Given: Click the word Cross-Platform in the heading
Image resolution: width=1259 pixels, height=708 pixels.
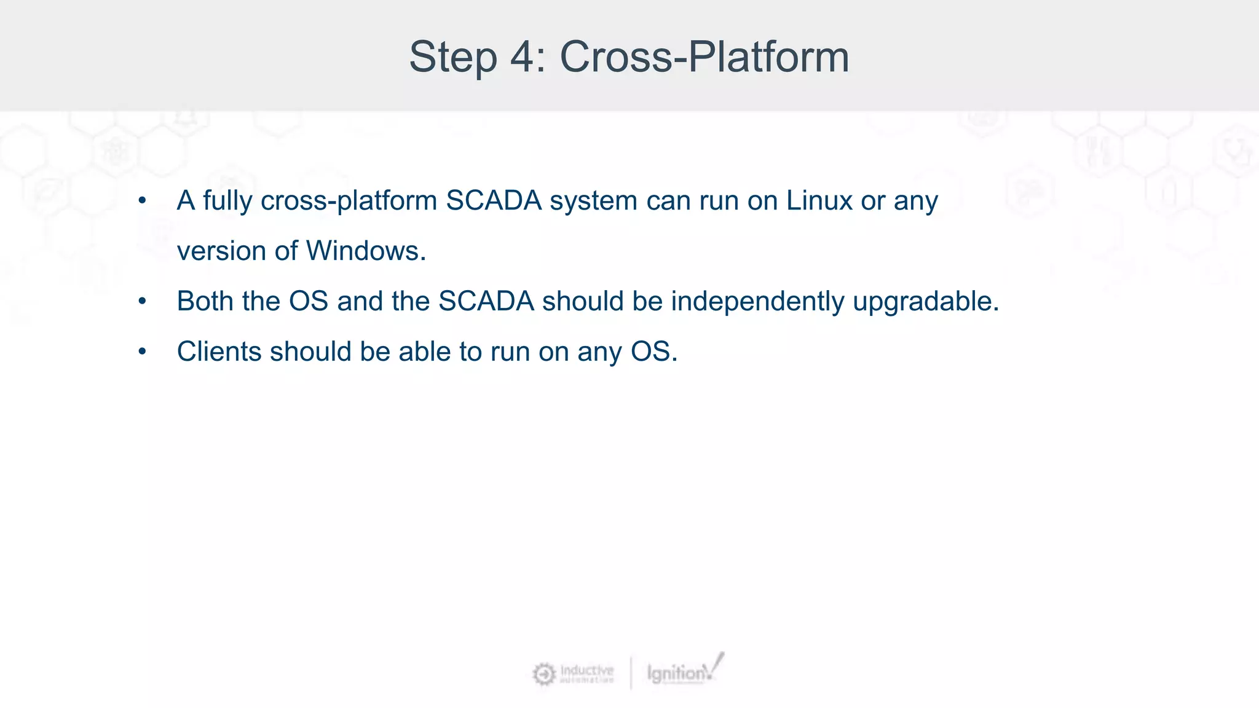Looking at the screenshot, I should pos(704,57).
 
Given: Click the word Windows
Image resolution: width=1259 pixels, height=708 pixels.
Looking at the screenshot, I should pos(365,251).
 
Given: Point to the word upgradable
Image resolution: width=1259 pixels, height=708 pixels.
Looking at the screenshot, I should pos(925,302).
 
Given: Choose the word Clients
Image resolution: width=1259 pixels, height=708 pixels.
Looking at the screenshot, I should pos(219,352).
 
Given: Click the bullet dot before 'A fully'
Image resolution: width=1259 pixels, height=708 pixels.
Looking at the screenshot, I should pos(142,201).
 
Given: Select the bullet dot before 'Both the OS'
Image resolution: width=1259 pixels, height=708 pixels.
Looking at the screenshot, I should pos(142,302).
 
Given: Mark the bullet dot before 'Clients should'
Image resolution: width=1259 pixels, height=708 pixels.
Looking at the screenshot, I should pos(142,352).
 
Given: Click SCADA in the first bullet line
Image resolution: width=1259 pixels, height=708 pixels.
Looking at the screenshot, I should pos(494,201).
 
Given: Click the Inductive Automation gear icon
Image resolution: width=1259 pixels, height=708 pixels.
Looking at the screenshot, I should pos(543,674).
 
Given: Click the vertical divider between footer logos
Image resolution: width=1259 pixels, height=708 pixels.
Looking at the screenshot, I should pos(631,674).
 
